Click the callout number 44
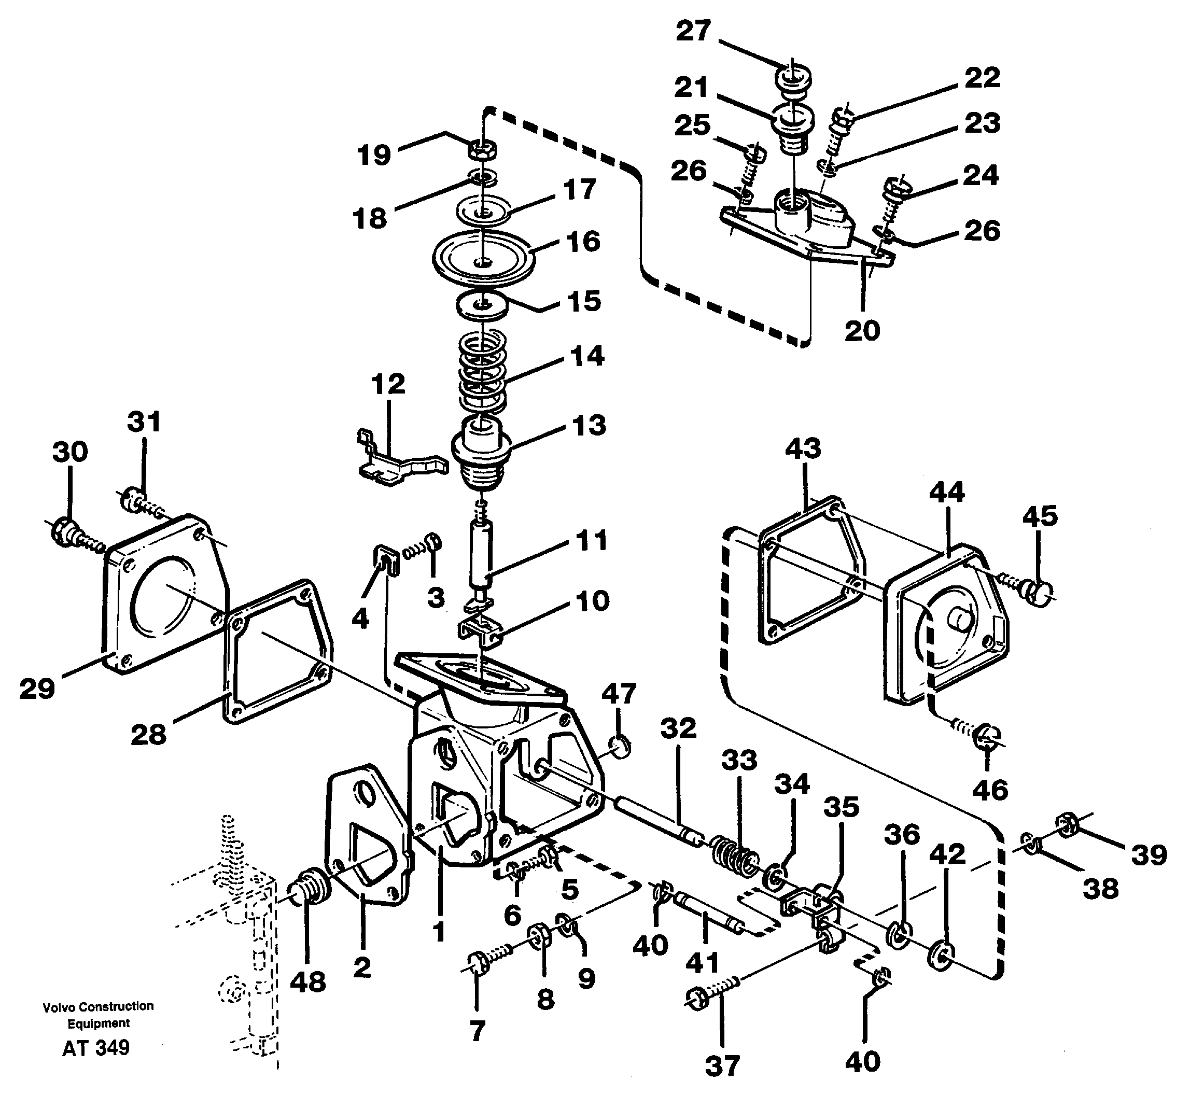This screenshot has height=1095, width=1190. coord(946,493)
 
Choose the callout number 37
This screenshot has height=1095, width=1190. coord(722,1066)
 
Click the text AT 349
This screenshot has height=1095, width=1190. coord(95,1048)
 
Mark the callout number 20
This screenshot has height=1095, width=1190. coord(862,330)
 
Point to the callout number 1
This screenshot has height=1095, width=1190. coord(438,932)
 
